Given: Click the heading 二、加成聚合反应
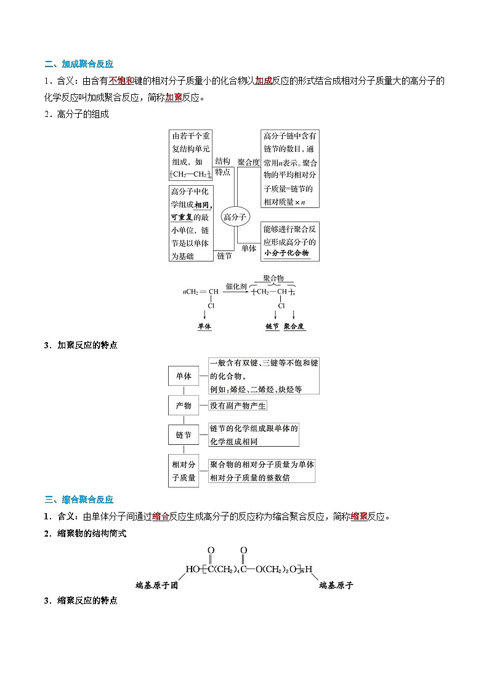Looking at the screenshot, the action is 79,64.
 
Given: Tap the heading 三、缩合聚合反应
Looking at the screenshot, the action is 79,500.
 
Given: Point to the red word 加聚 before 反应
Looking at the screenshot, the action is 174,97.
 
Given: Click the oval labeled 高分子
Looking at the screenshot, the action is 235,217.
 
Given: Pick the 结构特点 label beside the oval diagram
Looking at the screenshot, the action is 222,166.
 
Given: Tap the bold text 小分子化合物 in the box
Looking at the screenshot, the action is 286,254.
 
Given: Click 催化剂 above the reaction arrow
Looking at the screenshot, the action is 235,286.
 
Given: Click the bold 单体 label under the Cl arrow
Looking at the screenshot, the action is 204,327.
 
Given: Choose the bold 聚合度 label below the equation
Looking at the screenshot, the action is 294,327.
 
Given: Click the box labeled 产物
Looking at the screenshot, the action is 184,405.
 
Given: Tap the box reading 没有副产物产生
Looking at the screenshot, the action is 238,405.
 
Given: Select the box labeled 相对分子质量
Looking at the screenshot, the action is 184,470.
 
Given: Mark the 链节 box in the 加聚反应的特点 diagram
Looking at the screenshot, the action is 184,435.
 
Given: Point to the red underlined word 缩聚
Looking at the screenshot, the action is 359,516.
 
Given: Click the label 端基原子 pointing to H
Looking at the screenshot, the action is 336,585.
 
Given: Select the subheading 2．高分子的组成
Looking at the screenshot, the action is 76,114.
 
